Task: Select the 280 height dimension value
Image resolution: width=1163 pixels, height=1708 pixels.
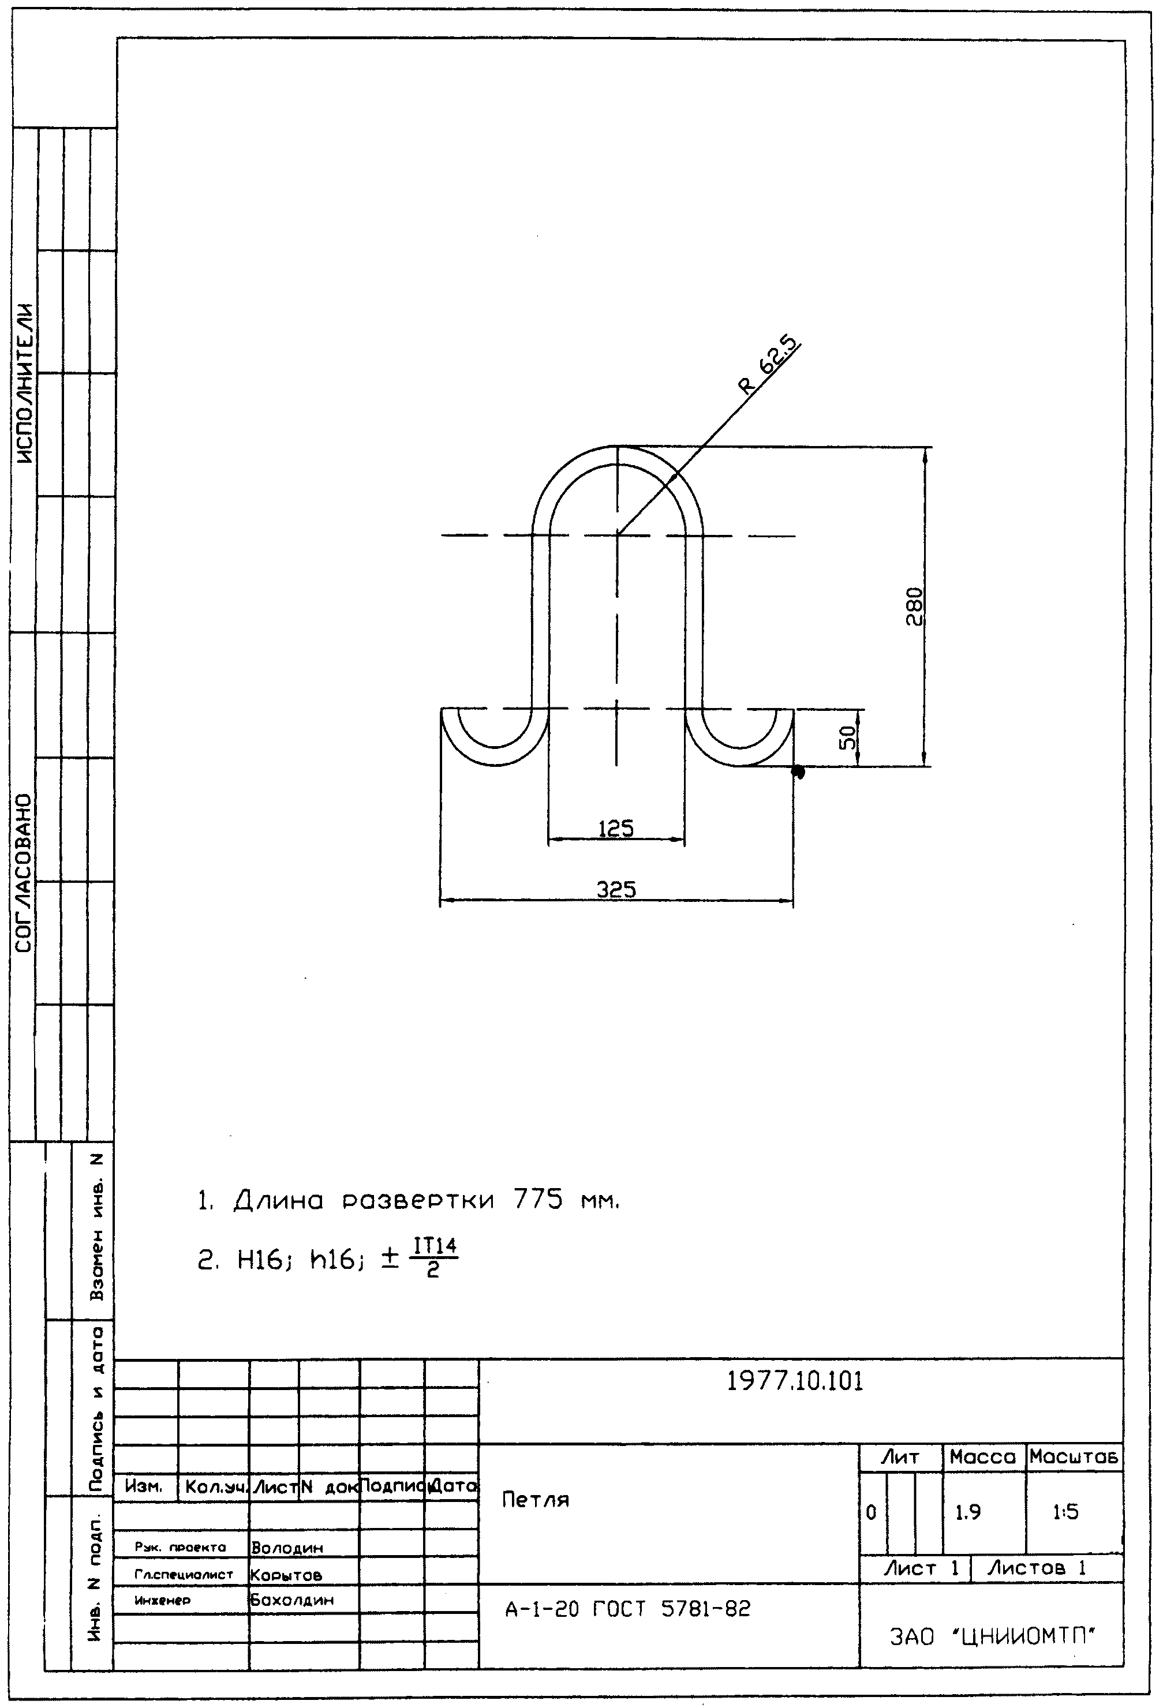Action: point(914,606)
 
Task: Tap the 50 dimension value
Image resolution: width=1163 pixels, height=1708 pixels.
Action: point(848,737)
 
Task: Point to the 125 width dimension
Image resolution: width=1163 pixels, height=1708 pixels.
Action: point(616,829)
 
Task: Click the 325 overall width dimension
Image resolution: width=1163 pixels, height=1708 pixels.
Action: point(616,890)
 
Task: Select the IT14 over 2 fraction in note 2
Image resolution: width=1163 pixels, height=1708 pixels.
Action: point(435,1259)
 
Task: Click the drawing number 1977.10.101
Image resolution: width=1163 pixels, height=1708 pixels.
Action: point(795,1381)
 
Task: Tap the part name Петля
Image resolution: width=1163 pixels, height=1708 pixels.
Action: point(535,1500)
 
